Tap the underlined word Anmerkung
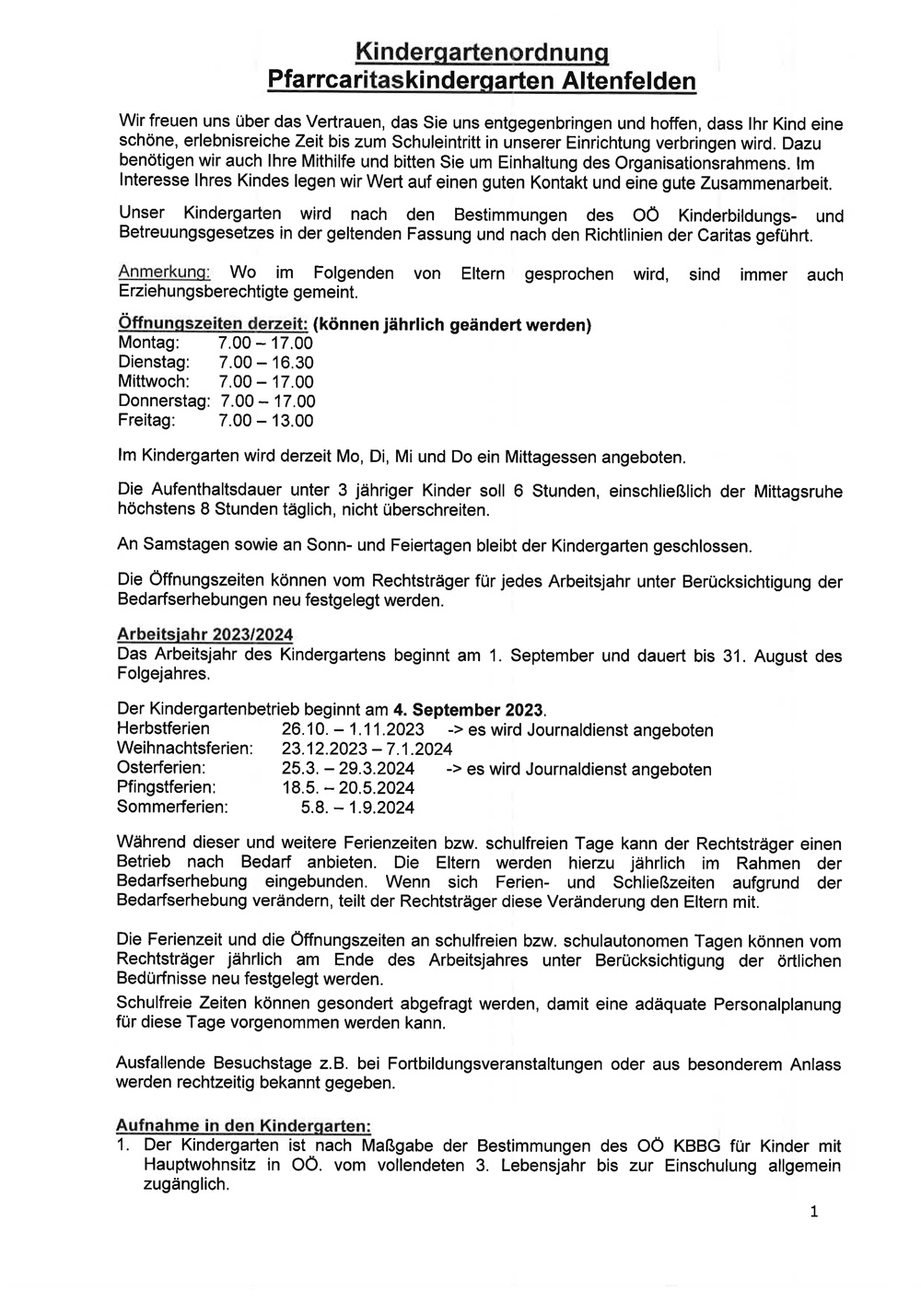tap(164, 273)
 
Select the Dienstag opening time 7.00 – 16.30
tap(265, 363)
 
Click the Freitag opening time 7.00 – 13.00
tap(265, 421)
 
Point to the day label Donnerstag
tap(164, 401)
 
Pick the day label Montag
tap(149, 343)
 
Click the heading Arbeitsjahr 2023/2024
tap(204, 635)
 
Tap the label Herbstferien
tap(163, 730)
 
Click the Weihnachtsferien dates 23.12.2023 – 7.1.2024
tap(367, 750)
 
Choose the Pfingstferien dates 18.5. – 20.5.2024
tap(348, 788)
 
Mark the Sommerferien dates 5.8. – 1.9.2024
tap(357, 808)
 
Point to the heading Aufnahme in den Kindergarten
tap(243, 1126)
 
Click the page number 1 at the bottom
tap(813, 1212)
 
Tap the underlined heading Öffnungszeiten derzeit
tap(212, 324)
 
